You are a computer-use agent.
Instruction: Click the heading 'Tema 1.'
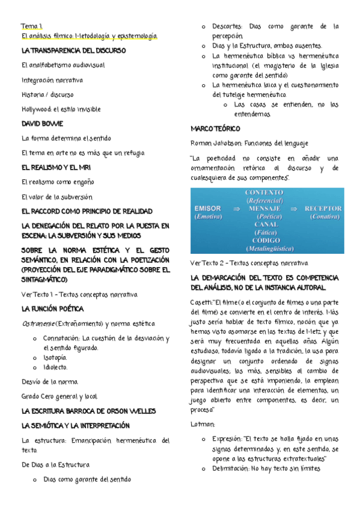(32, 27)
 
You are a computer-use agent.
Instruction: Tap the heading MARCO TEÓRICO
(215, 129)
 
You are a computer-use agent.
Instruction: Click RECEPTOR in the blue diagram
(323, 208)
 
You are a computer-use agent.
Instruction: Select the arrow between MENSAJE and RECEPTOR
(294, 209)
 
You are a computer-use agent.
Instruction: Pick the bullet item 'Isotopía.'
(55, 357)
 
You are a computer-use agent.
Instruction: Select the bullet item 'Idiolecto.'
(55, 367)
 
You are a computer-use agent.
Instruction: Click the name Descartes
(229, 26)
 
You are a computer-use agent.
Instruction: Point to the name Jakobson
(231, 143)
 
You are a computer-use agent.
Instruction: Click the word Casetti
(201, 302)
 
